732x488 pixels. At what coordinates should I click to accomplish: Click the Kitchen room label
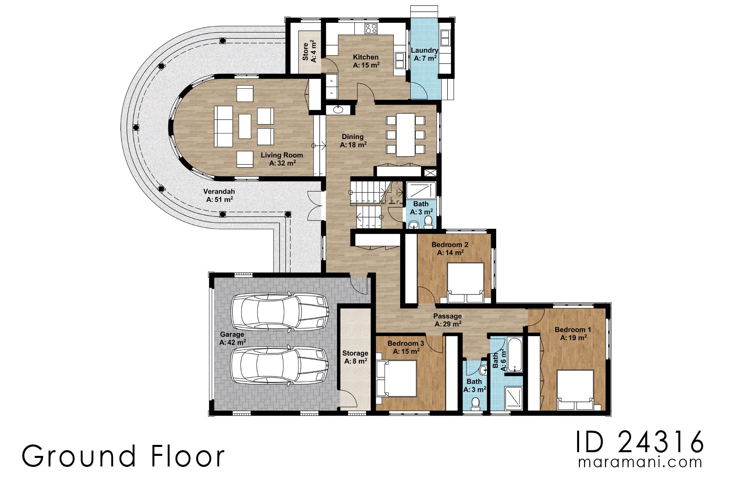pos(366,61)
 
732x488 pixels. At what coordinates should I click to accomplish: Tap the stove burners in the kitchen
pos(371,28)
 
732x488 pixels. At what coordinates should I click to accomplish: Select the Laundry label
pos(425,54)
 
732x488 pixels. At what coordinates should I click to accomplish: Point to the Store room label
pos(309,52)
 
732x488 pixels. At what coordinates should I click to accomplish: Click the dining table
pos(406,135)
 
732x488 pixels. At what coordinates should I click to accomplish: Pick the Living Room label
pos(282,159)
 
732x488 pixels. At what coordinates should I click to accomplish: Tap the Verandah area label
pos(219,196)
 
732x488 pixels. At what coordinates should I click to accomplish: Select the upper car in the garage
pos(280,311)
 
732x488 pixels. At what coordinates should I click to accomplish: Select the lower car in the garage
pos(280,365)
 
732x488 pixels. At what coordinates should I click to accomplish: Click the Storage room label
pos(355,357)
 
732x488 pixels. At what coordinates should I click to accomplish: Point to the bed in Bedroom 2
pos(466,282)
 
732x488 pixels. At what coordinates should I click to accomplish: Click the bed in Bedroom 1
pos(575,390)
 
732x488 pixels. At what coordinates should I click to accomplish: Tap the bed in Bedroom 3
pos(396,378)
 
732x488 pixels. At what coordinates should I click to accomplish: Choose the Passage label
pos(447,320)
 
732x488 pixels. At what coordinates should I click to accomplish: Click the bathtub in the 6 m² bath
pos(514,355)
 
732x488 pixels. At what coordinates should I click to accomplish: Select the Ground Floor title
pos(123,456)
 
